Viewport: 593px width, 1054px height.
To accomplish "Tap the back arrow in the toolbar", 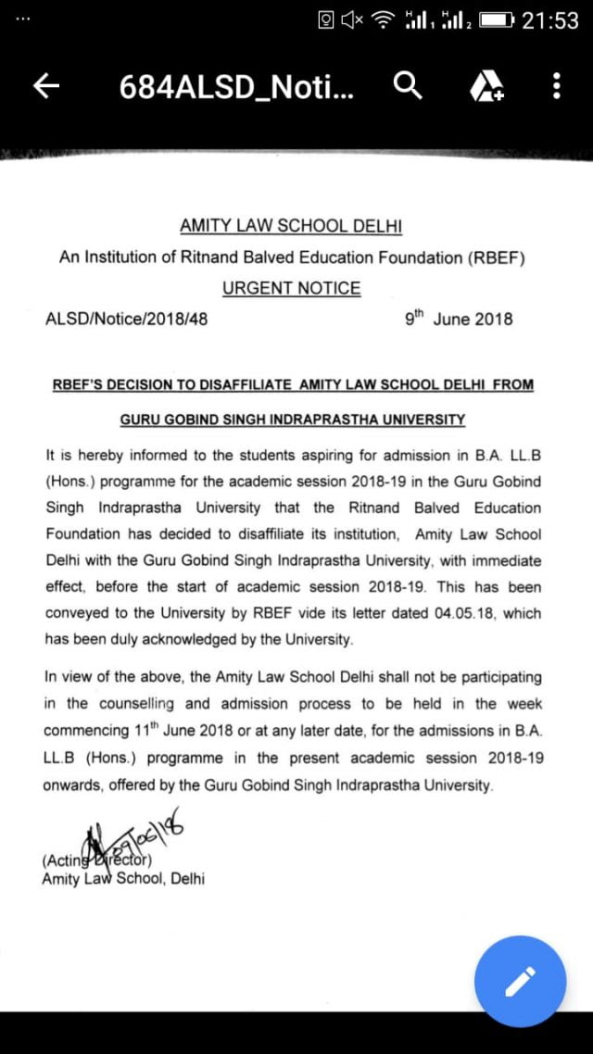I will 46,87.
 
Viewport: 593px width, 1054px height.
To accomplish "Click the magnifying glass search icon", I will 408,86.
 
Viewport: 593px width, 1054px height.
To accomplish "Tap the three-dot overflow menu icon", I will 556,87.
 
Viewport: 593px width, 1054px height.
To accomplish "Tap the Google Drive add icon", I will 486,87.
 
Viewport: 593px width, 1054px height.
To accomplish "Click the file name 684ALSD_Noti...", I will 236,87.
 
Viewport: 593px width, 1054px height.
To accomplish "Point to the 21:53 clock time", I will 550,20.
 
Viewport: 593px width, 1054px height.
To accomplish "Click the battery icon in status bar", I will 497,20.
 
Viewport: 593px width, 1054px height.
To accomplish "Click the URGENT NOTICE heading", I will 291,288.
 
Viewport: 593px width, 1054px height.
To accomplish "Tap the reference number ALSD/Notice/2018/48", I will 126,320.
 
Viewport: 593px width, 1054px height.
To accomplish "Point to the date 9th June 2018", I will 459,320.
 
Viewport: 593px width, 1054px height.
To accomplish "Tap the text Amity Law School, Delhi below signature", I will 123,879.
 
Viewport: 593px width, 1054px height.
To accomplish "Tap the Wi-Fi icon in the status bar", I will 383,20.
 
